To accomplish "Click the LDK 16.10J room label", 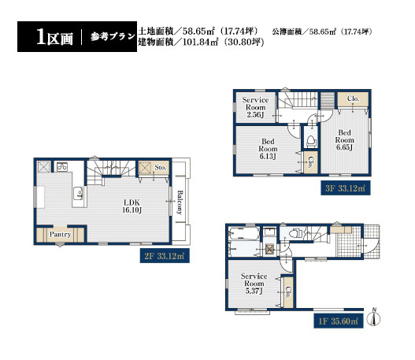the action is [x=132, y=206].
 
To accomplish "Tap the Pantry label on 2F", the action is [x=61, y=235].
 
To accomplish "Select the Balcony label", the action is [x=180, y=202].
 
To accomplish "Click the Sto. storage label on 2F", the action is [x=161, y=168].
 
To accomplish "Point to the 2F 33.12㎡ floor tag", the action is [x=165, y=256].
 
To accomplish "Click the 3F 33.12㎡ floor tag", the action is [x=346, y=188].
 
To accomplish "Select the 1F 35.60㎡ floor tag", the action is [x=339, y=321].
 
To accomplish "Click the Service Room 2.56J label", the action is [x=255, y=107].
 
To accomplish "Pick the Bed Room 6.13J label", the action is [x=268, y=149].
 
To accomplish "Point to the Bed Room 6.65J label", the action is [x=344, y=139].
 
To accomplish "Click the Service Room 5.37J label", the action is [x=254, y=284].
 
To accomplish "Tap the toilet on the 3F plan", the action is [x=311, y=141].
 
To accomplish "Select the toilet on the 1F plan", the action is [x=295, y=233].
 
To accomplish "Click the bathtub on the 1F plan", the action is [x=244, y=234].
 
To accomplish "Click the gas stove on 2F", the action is [x=62, y=167].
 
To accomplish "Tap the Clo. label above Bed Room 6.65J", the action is [x=354, y=98].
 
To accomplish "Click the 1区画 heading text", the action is [x=54, y=37].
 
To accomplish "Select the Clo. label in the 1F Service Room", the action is [x=288, y=292].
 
